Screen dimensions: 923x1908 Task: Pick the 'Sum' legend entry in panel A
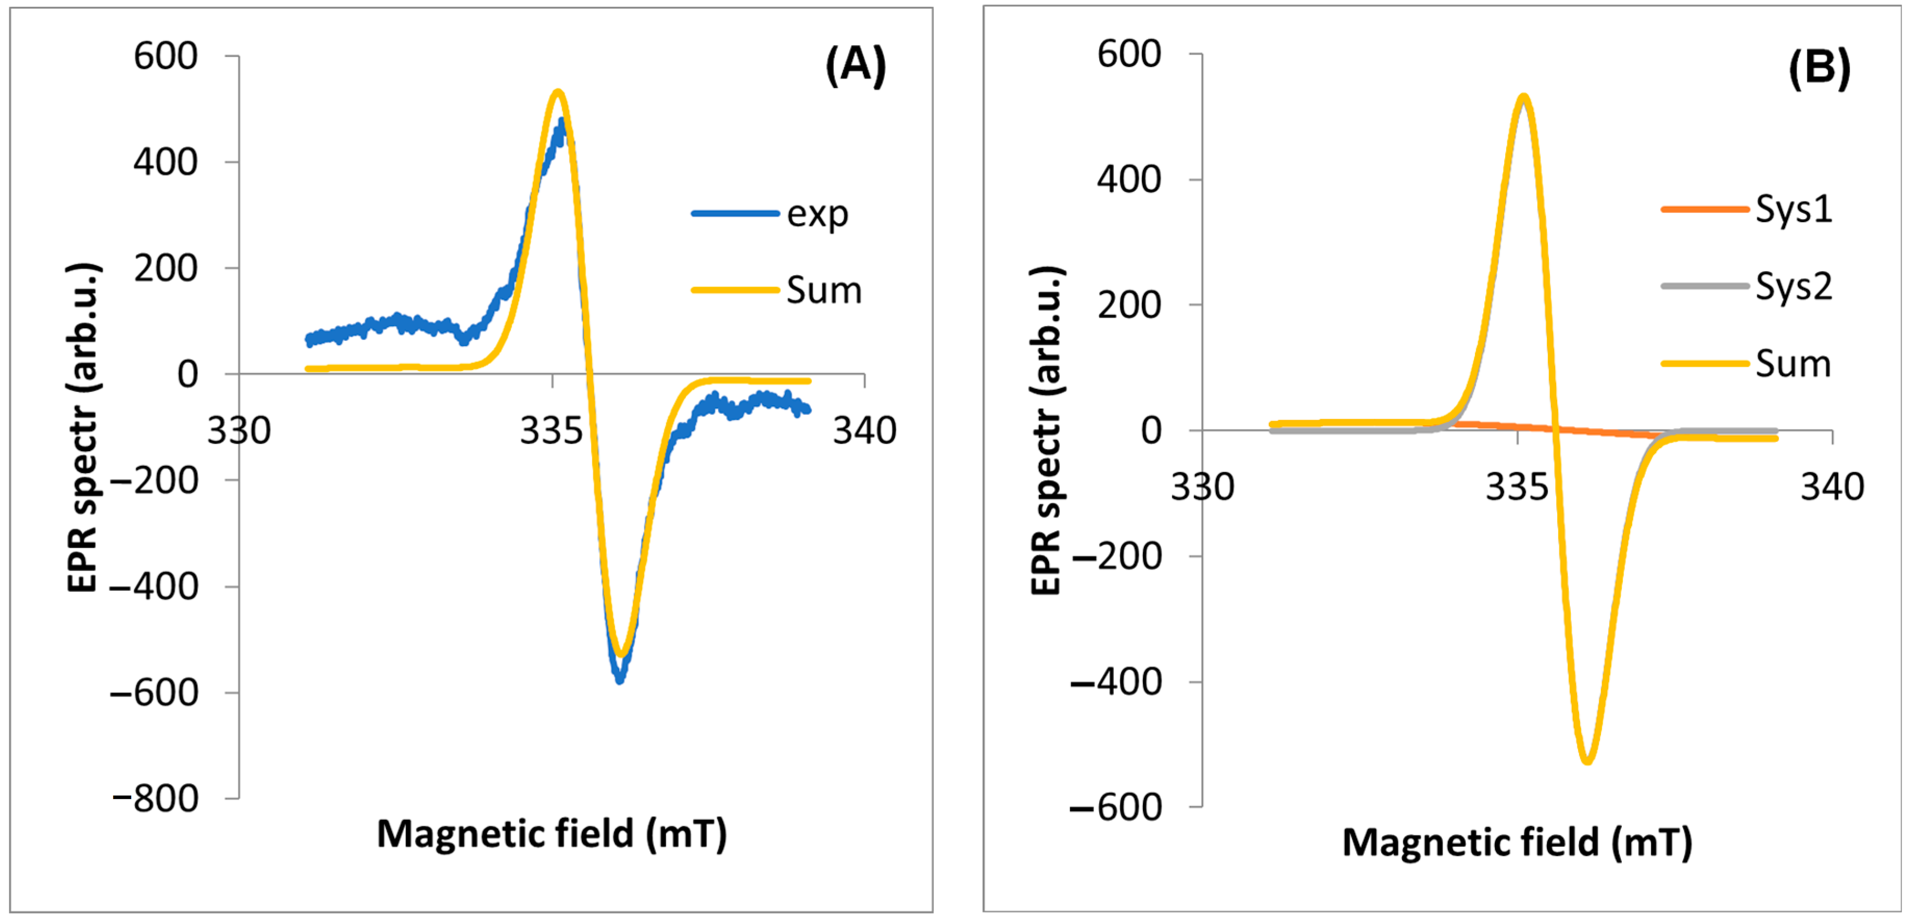[x=824, y=290]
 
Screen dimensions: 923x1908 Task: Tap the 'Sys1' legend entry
[x=1793, y=210]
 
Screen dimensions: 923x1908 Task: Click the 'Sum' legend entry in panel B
[x=1792, y=364]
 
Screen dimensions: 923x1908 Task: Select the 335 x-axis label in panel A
[x=551, y=431]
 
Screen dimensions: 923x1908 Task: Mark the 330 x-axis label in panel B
[x=1201, y=487]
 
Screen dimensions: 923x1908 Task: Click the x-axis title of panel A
[x=552, y=834]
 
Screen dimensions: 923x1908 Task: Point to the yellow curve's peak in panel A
[x=558, y=93]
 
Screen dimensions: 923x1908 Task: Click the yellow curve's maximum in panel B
[x=1523, y=97]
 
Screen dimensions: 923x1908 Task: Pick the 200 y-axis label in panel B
[x=1129, y=305]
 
